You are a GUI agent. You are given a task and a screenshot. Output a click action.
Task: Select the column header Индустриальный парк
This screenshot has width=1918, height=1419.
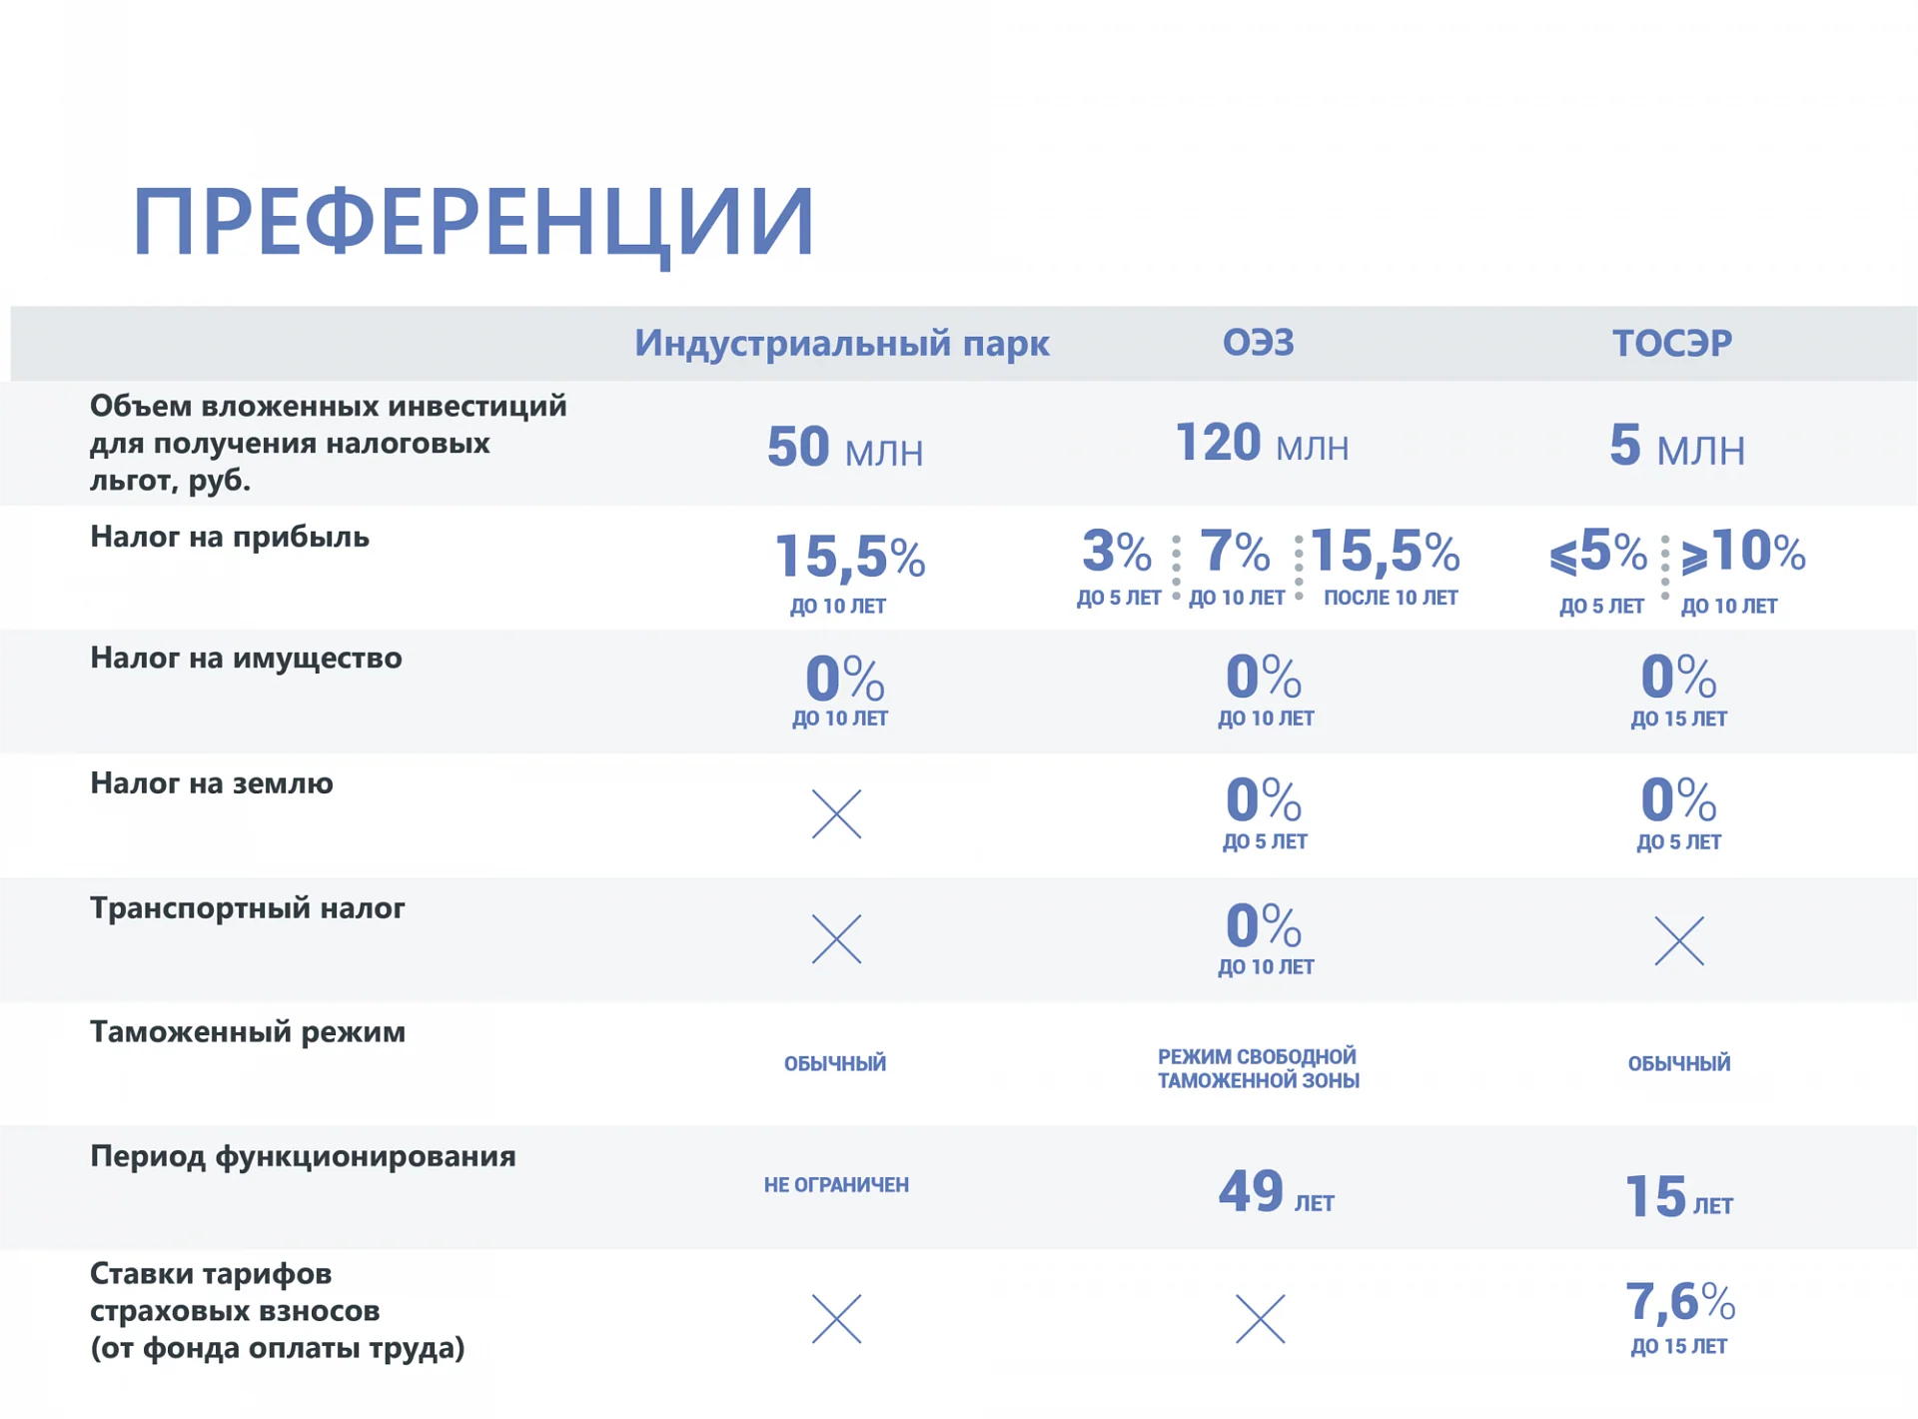[x=842, y=343]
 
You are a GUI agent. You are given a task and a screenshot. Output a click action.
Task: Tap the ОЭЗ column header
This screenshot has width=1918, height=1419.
[x=1259, y=343]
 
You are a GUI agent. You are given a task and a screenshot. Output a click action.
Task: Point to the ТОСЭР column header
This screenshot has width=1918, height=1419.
[x=1672, y=343]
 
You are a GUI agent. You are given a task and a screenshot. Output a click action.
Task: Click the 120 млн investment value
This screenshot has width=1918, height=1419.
[x=1263, y=443]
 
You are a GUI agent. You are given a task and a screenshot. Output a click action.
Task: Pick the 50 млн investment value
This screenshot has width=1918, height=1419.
[x=845, y=448]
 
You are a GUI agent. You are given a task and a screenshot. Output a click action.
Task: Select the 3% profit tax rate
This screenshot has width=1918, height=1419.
[x=1117, y=551]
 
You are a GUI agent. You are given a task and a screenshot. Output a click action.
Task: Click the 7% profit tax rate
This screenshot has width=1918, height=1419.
[x=1235, y=551]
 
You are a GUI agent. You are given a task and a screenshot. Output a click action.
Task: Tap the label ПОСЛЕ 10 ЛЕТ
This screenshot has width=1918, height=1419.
[x=1391, y=598]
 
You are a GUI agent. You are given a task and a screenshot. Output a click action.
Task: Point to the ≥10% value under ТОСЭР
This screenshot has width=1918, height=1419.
[x=1743, y=552]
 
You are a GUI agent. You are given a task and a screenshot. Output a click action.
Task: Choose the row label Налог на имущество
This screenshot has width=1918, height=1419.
[x=246, y=659]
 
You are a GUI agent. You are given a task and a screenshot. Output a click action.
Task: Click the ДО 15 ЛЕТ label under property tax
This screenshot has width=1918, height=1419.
[x=1678, y=718]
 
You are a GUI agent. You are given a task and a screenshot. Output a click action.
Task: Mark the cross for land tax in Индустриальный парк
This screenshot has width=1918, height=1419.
[x=836, y=813]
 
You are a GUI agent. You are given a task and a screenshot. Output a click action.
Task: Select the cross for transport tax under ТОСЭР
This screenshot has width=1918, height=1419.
[x=1679, y=940]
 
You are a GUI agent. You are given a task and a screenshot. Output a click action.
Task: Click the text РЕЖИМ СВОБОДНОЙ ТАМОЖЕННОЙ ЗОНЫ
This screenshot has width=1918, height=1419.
[x=1259, y=1068]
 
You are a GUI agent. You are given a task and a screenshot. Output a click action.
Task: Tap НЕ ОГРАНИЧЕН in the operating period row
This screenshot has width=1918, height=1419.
[x=836, y=1185]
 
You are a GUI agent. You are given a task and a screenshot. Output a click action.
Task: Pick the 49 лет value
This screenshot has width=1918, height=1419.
[x=1277, y=1191]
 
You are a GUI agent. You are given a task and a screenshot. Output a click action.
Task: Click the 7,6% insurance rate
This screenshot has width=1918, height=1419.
[x=1680, y=1302]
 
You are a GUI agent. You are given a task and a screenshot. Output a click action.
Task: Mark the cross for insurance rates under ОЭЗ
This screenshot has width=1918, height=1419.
[x=1260, y=1319]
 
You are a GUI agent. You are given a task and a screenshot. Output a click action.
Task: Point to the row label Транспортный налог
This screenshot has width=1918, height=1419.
[x=248, y=908]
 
